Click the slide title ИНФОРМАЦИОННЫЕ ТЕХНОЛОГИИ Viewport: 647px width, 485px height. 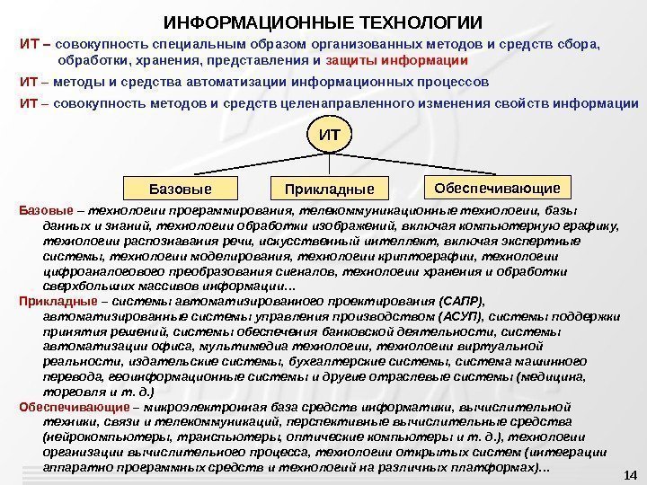[323, 22]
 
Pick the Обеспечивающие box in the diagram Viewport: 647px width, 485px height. [497, 188]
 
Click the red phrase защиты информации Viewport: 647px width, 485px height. [396, 61]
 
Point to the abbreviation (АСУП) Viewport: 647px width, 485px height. [460, 317]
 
